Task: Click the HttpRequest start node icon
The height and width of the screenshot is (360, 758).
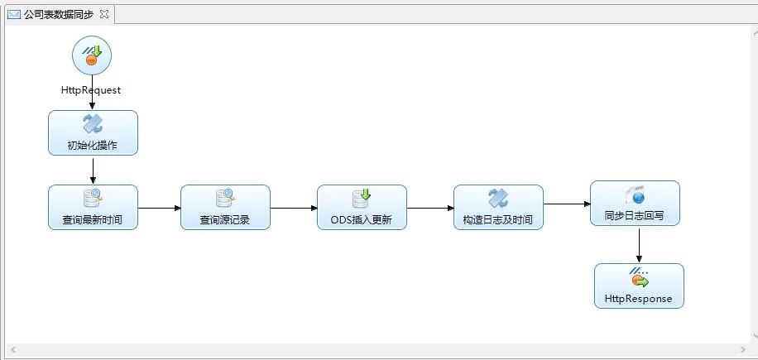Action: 91,55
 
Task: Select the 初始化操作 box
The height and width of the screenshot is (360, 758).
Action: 93,133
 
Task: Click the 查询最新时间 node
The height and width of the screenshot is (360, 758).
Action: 93,207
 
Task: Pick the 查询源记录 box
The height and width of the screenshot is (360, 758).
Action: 225,207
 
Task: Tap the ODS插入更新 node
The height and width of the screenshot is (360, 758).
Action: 362,207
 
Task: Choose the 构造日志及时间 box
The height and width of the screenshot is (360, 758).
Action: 498,207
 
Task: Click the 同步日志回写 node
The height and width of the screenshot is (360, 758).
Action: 635,204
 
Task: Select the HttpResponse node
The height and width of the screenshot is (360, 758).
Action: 639,286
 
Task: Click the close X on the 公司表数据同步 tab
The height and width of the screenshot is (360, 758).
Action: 103,14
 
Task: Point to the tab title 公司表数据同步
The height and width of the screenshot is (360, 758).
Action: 59,14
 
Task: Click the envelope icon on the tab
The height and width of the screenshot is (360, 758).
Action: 14,14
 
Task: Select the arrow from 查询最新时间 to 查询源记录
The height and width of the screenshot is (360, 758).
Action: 159,207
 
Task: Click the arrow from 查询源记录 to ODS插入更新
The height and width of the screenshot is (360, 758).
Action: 294,207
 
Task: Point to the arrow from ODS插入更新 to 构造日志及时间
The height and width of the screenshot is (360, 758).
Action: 430,207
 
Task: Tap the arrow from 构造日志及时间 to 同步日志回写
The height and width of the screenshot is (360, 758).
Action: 567,204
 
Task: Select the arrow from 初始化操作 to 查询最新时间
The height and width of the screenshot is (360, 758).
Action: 93,170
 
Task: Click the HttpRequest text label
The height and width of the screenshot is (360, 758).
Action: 91,90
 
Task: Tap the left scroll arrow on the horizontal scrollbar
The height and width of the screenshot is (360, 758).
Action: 12,350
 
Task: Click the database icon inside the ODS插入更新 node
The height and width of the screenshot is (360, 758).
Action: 362,198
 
